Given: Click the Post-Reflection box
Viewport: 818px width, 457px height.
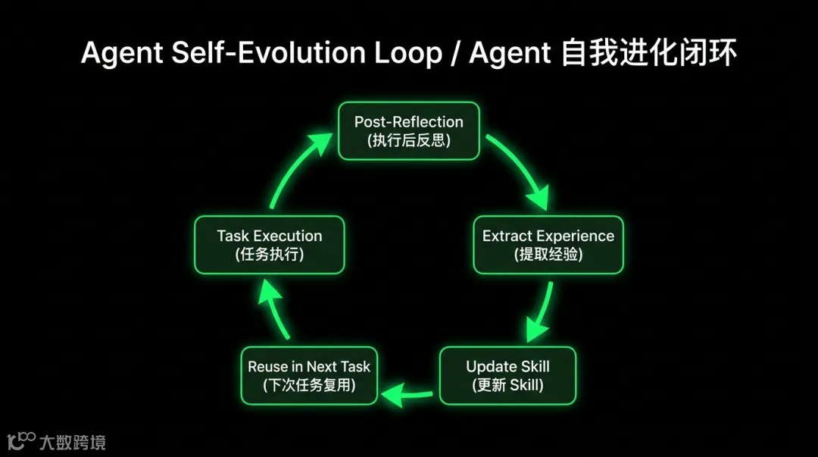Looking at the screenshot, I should click(408, 130).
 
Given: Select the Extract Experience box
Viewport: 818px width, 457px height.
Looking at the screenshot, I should click(548, 244).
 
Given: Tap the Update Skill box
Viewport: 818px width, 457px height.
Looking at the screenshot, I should click(507, 375).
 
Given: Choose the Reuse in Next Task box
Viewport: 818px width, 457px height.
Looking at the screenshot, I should click(309, 375).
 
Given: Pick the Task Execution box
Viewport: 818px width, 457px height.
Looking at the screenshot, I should click(269, 244).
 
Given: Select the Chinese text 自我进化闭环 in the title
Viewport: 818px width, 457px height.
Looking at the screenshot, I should click(648, 53).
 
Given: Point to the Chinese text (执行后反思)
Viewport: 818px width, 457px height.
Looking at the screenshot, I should click(408, 140).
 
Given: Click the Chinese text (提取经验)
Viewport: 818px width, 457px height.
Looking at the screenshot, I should click(548, 255).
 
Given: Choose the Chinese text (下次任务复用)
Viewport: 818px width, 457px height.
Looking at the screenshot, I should click(309, 385).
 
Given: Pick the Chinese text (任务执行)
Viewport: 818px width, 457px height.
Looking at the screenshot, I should click(269, 255).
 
